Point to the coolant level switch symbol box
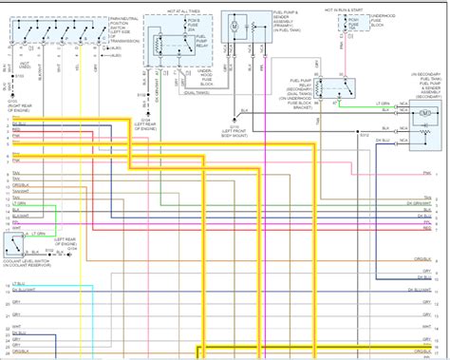(15, 245)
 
